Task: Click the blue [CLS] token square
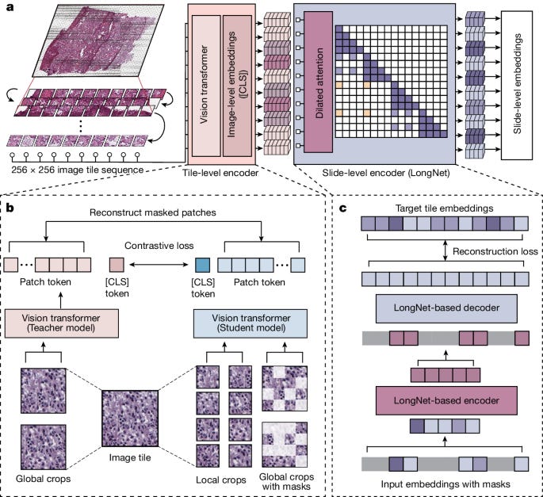[202, 264]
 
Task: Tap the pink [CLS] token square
[117, 264]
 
